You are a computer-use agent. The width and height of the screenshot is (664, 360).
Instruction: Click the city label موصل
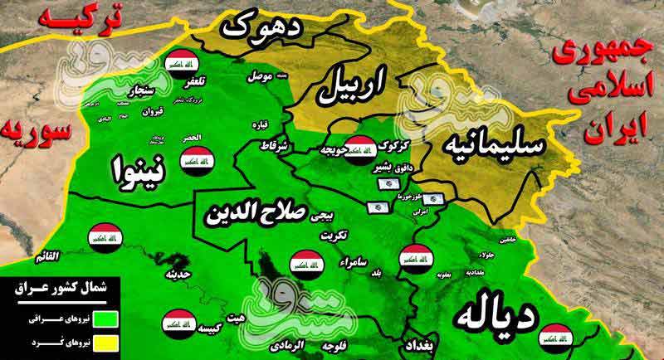[259, 77]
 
